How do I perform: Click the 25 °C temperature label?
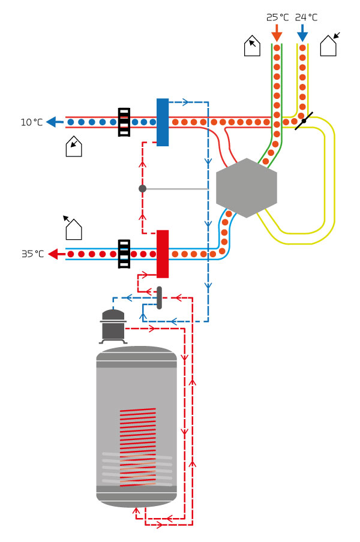(277, 17)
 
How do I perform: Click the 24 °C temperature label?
(306, 17)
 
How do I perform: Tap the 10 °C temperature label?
(32, 122)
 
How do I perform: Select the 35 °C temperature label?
(32, 254)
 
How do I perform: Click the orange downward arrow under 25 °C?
(277, 32)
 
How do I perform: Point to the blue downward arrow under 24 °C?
(302, 32)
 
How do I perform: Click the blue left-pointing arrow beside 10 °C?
(55, 122)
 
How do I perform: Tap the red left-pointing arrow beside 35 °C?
(56, 254)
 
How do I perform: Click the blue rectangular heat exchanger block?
(163, 122)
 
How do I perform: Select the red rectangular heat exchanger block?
(163, 254)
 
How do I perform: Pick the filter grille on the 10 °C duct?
(124, 122)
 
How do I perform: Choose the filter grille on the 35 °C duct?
(124, 254)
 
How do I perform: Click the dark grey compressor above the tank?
(113, 326)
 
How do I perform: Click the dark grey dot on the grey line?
(142, 188)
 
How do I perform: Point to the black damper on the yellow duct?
(304, 121)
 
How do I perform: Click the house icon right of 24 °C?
(329, 46)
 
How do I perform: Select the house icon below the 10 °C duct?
(73, 146)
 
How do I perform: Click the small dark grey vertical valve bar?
(159, 297)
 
